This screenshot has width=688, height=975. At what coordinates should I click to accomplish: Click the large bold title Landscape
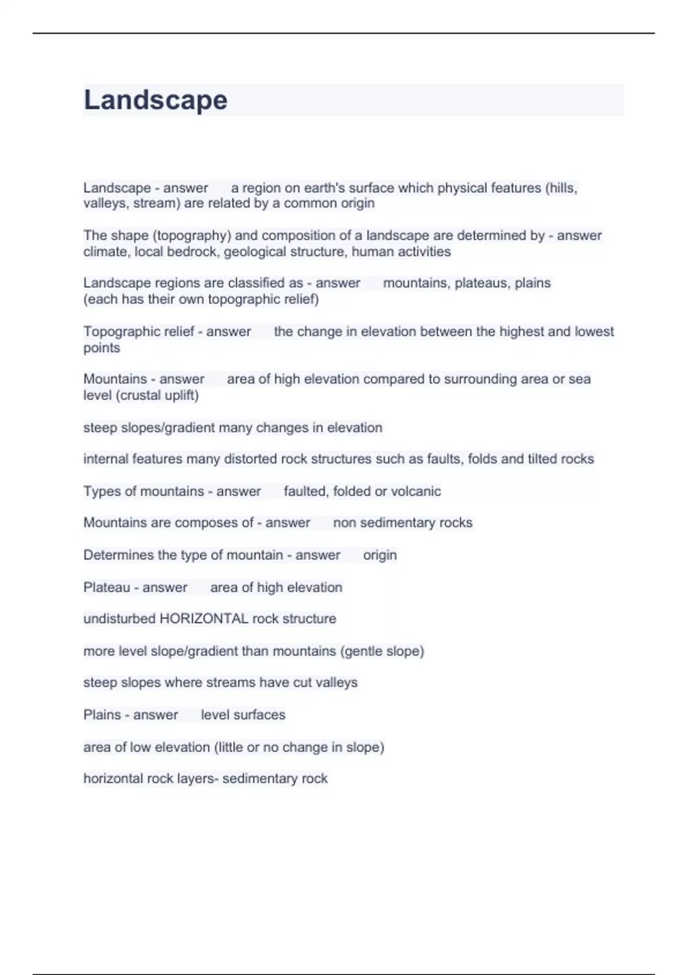click(155, 100)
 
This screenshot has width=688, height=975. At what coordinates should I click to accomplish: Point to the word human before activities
click(373, 252)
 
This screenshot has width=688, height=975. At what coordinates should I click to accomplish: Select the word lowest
click(593, 331)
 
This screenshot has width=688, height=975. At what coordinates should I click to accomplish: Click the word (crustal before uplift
click(136, 395)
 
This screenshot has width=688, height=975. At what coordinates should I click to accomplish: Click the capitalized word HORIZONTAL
click(204, 619)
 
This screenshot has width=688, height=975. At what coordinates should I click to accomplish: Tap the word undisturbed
click(119, 619)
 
